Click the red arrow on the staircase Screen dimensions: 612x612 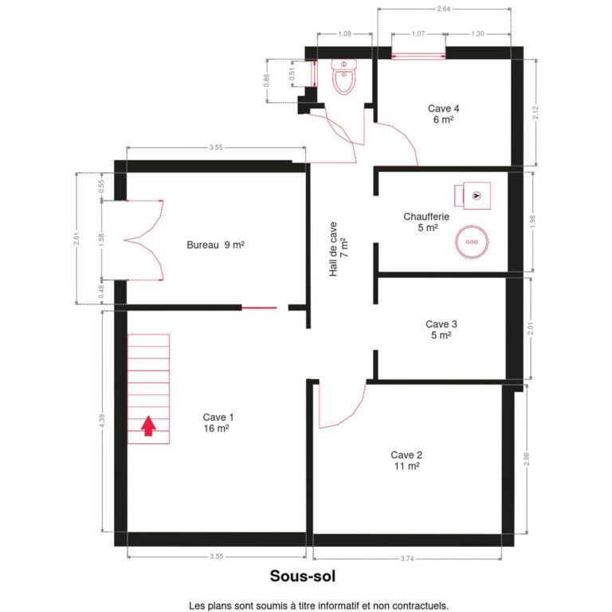tap(148, 426)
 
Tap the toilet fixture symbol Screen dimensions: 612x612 tap(344, 76)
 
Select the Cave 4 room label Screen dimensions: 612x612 tap(443, 114)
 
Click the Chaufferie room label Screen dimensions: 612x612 tap(426, 222)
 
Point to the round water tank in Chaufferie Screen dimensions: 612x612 tap(472, 242)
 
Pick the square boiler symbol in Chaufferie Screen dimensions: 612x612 tap(473, 195)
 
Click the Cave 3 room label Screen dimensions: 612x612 tap(441, 330)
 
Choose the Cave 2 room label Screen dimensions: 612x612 tap(406, 461)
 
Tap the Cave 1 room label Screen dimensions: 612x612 tap(218, 422)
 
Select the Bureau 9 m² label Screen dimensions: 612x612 tap(215, 245)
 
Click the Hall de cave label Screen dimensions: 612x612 tap(339, 249)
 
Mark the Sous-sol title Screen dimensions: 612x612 tap(303, 576)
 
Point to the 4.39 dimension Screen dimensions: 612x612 tap(102, 421)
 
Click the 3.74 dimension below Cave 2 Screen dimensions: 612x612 tap(407, 559)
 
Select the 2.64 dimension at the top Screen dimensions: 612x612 tap(444, 9)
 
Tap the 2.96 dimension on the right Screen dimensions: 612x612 tap(527, 459)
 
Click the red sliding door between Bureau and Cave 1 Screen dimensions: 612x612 tap(259, 308)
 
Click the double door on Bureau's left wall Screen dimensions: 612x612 tap(144, 240)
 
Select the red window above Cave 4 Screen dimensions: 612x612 tap(418, 57)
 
